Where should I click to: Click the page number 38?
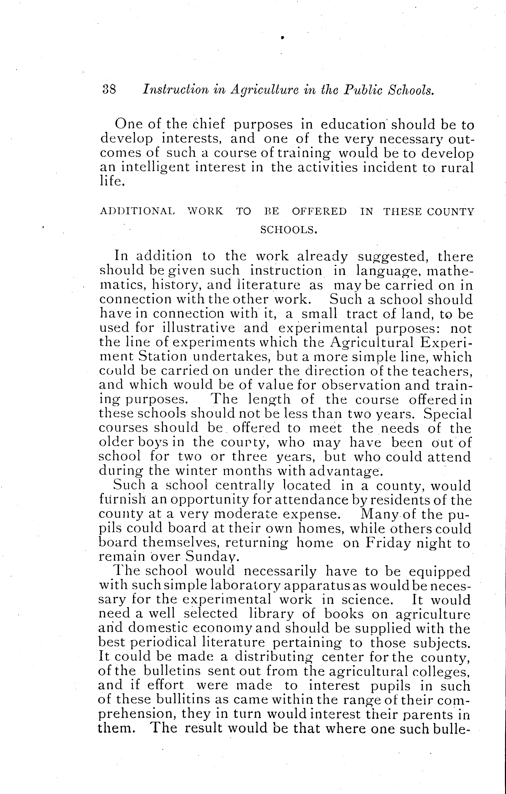(109, 89)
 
